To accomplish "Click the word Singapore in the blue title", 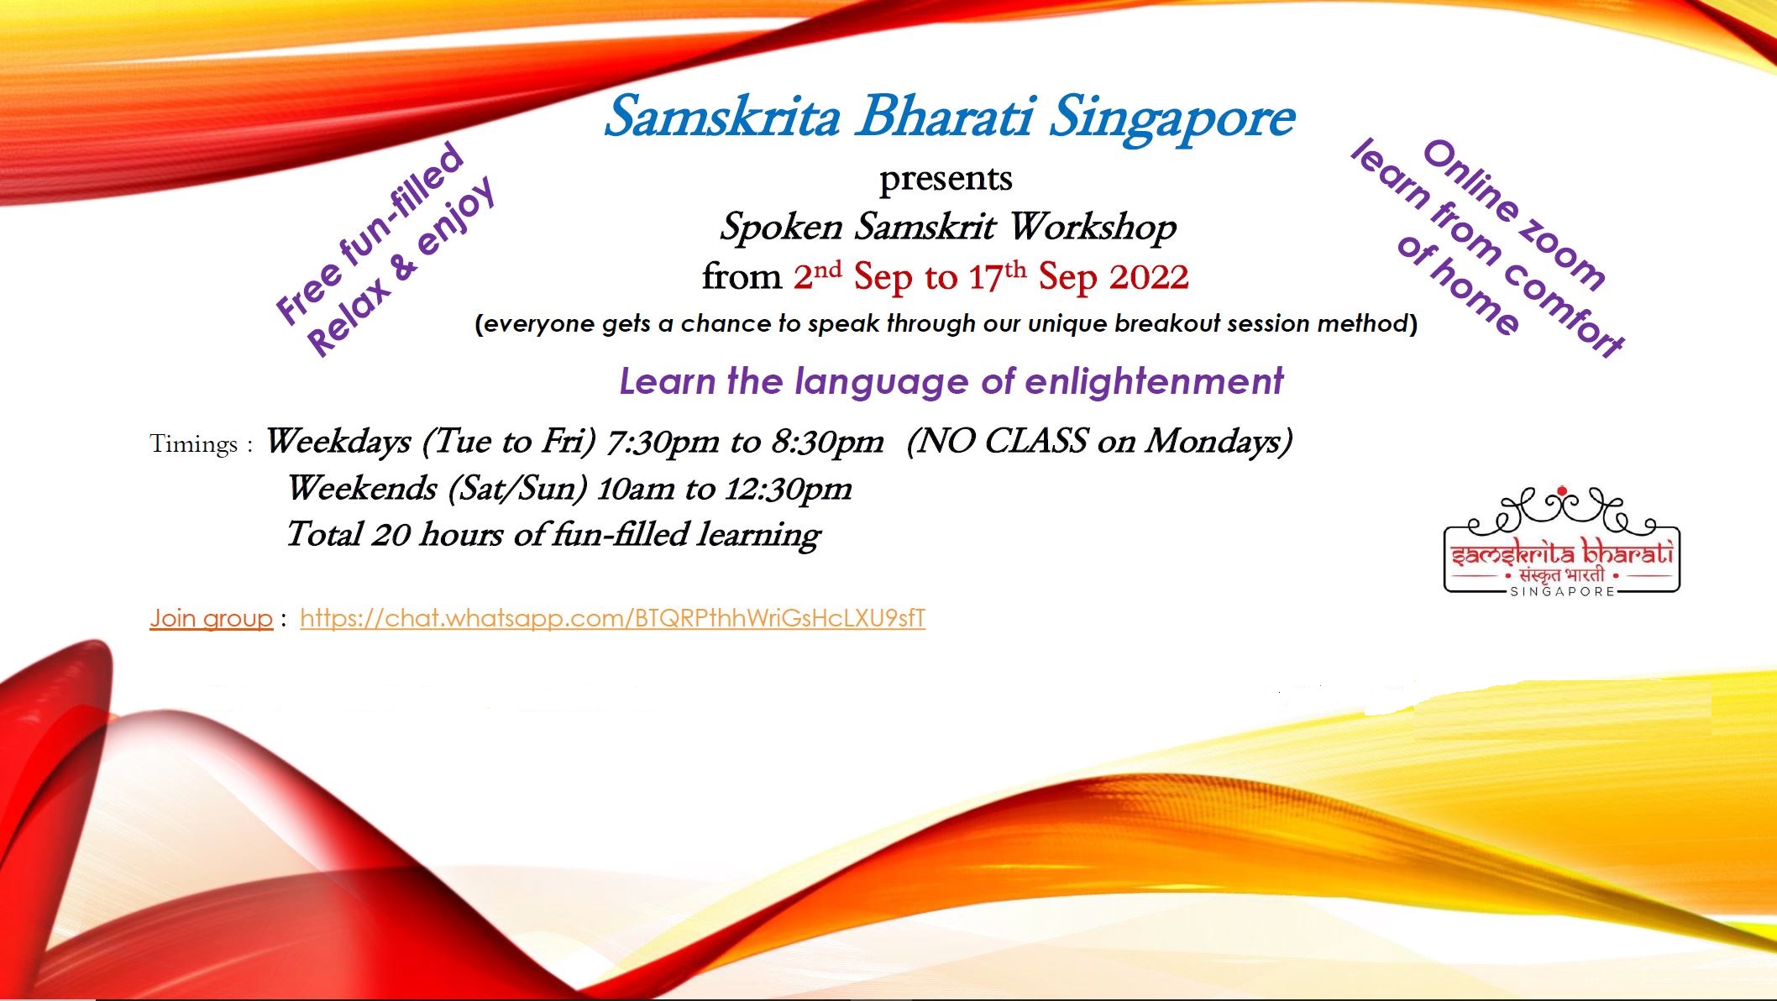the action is point(1172,118).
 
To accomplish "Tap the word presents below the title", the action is point(946,179).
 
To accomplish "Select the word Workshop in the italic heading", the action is point(1093,228).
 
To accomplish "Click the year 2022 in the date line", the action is point(1146,277).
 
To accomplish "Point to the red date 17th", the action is point(997,275).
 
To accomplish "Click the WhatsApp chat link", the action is point(612,619).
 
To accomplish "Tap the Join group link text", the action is point(212,619).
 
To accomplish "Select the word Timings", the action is point(193,443).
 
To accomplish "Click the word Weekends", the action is point(362,488).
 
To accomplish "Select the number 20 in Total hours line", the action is point(391,535).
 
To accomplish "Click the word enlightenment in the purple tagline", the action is point(1154,382).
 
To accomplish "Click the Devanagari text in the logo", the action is point(1561,576).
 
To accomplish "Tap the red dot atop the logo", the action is point(1562,491).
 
